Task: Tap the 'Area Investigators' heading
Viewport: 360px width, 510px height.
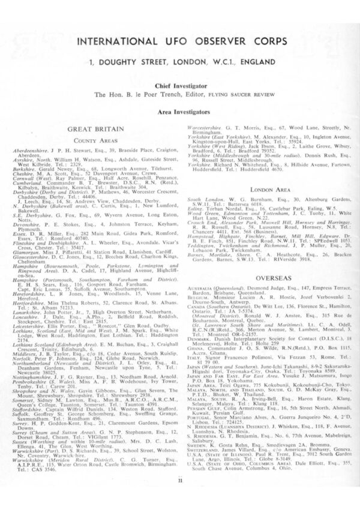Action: [x=180, y=112]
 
